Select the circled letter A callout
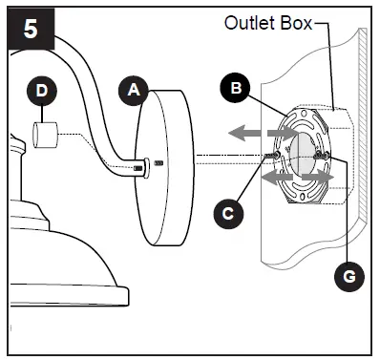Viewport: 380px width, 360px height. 135,91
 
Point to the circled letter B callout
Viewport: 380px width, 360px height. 233,90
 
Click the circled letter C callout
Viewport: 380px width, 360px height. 224,212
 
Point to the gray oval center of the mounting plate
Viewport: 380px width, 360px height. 299,156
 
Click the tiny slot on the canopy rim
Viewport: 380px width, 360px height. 159,163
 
